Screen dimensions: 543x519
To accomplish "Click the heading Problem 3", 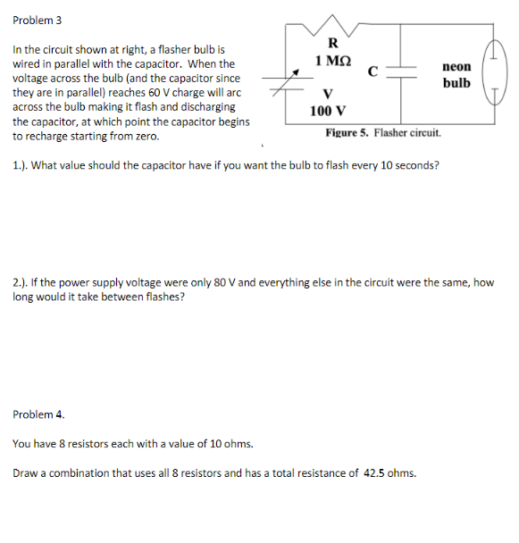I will click(x=38, y=20).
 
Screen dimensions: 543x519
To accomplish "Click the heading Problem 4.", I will click(x=38, y=414).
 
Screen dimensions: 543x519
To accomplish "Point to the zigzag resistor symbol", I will click(x=332, y=22).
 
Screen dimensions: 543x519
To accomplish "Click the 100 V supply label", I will click(x=328, y=111).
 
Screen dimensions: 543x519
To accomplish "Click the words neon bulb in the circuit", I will click(x=456, y=75).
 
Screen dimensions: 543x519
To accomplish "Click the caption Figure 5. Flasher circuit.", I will click(x=383, y=132).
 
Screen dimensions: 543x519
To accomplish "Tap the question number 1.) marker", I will click(x=19, y=165).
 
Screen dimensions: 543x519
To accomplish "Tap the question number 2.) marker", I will click(x=20, y=282).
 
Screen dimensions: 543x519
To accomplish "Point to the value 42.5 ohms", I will click(x=389, y=472).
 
